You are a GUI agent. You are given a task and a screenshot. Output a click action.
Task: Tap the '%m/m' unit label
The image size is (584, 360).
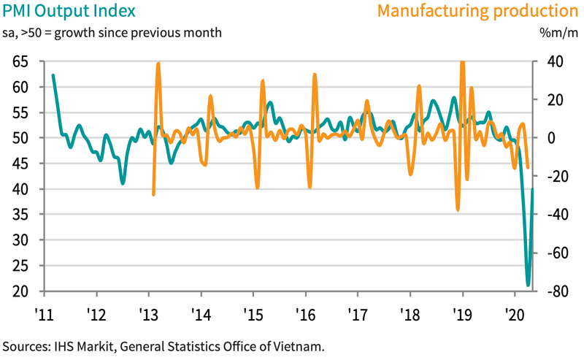click(x=558, y=33)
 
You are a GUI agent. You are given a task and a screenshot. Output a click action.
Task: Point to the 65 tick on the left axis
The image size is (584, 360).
click(x=21, y=62)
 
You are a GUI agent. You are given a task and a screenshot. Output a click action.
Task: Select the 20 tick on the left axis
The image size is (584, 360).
click(x=21, y=291)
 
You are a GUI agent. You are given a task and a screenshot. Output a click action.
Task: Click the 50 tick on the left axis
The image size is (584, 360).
click(x=21, y=138)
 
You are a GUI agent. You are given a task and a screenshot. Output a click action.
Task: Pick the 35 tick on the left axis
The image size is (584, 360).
click(x=21, y=215)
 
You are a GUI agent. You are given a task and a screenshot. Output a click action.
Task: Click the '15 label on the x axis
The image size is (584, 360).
click(x=253, y=315)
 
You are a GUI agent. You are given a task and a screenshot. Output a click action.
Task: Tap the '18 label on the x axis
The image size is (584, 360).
click(x=410, y=315)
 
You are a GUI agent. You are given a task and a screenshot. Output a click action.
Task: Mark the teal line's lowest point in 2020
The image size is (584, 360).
click(x=528, y=285)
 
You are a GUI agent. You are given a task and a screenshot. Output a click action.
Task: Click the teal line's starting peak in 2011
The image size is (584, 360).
click(x=53, y=75)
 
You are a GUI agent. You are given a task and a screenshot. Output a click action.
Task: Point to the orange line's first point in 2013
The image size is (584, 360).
click(x=153, y=194)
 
